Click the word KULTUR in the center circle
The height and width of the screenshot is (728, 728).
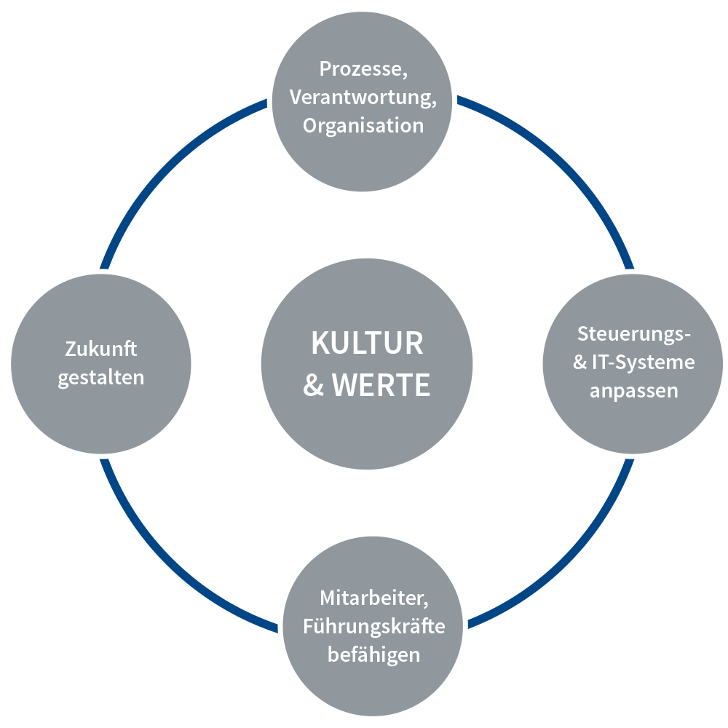(367, 344)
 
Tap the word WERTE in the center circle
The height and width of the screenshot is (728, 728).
(381, 386)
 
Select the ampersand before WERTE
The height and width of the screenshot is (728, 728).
(314, 386)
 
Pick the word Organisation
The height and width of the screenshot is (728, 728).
(363, 125)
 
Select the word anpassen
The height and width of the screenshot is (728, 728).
(633, 391)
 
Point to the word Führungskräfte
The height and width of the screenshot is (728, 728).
(373, 626)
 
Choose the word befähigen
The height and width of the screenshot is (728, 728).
(373, 654)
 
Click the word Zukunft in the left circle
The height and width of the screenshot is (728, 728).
(101, 349)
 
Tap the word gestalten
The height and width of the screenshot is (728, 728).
(101, 378)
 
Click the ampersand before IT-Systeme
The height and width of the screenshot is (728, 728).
(580, 363)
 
